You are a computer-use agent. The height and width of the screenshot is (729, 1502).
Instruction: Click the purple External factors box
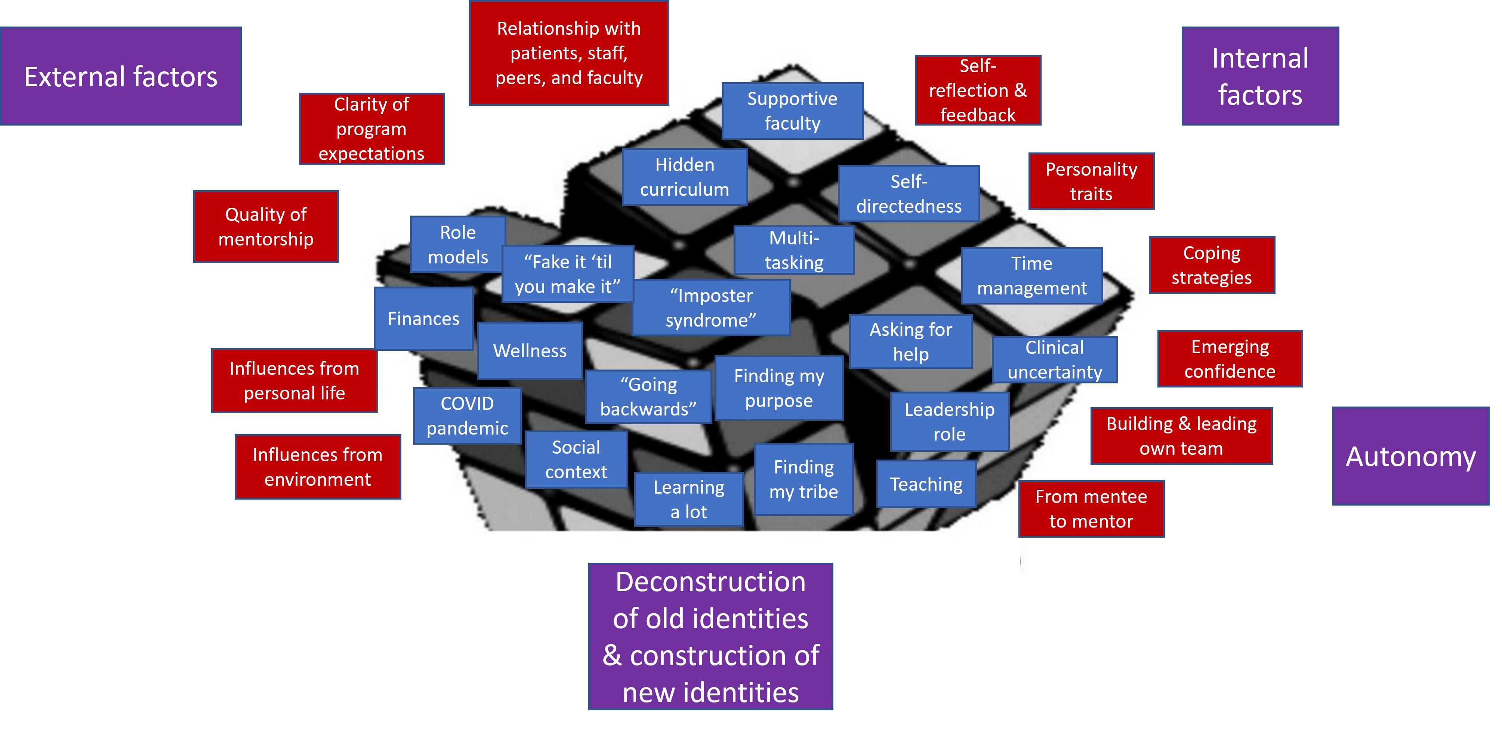[121, 76]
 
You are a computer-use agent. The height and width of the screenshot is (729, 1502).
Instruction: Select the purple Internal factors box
[1260, 76]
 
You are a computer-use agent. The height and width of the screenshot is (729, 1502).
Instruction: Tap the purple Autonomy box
[1410, 456]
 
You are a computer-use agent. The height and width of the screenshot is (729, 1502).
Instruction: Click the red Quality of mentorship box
[266, 227]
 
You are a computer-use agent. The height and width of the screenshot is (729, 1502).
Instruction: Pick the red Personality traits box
[1091, 181]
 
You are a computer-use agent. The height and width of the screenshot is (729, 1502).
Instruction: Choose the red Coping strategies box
[1212, 265]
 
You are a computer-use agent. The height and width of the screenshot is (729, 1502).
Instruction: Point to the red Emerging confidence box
[1230, 359]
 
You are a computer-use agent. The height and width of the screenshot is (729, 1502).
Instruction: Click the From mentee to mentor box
[1091, 509]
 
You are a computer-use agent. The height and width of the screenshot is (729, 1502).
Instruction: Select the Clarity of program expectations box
[371, 129]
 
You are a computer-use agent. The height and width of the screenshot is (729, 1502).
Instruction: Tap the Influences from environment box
[318, 467]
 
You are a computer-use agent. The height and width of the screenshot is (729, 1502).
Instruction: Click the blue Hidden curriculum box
[685, 177]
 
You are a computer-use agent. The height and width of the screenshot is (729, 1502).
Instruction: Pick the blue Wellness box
[530, 351]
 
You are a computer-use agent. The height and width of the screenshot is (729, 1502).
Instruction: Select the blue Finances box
[423, 319]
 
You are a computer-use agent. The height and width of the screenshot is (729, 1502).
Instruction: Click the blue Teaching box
[926, 484]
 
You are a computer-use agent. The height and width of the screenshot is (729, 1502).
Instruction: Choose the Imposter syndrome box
[711, 308]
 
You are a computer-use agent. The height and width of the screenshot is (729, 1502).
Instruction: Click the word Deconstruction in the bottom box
[710, 581]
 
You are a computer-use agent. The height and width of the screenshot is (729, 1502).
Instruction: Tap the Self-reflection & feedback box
[978, 90]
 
